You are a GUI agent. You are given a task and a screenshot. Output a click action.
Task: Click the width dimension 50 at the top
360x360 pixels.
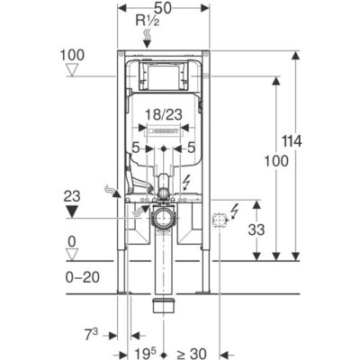pos(164,8)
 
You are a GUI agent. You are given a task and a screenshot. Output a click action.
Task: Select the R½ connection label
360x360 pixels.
pos(148,21)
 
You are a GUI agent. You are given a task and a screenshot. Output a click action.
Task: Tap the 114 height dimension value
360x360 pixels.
pos(292,141)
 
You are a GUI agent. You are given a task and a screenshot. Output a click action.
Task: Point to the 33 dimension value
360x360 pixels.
pos(256,229)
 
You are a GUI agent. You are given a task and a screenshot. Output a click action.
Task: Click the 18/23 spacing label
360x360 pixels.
pos(164,114)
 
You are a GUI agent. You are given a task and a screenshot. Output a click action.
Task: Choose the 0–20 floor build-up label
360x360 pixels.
pos(83,277)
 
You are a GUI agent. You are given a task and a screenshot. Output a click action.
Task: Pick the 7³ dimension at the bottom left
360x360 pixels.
pos(92,336)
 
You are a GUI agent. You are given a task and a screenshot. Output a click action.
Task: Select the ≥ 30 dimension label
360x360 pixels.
pos(192,354)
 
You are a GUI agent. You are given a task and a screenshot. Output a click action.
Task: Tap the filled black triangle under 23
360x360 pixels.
pos(72,211)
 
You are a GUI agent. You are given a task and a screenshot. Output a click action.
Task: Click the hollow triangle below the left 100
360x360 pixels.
pos(72,70)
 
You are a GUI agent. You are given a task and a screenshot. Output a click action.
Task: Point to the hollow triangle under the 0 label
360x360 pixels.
pos(72,255)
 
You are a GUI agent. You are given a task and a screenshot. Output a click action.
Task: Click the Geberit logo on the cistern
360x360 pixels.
pos(164,131)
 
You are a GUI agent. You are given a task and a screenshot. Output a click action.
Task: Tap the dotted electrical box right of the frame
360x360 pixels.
pos(220,220)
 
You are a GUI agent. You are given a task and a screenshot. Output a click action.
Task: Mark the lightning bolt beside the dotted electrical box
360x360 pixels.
pos(234,211)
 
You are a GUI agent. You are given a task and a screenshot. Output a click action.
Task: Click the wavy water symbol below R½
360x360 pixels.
pos(147,35)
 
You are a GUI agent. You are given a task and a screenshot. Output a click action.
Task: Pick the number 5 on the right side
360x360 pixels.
pos(191,148)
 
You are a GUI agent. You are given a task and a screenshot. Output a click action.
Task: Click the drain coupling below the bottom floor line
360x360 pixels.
pos(164,305)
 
